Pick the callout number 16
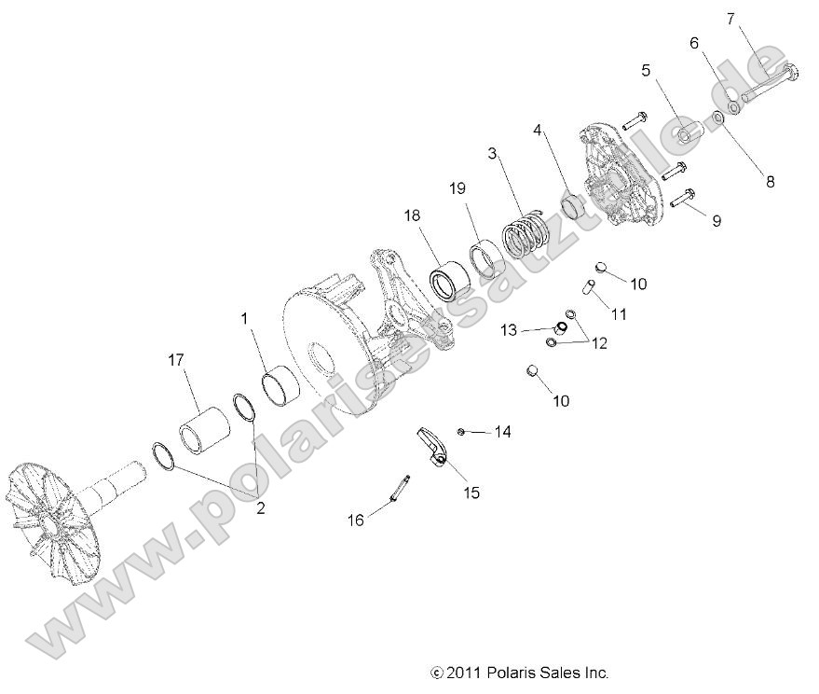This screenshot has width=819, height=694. (356, 520)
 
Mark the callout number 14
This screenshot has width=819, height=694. (503, 431)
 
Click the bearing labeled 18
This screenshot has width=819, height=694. (450, 281)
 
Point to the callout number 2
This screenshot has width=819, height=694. (260, 508)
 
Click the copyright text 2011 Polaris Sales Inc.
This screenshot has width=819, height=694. (519, 672)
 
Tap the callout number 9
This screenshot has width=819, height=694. (717, 222)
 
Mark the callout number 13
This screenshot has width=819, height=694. (508, 329)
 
